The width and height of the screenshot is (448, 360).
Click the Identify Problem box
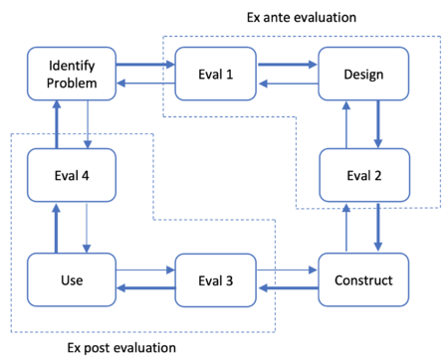tap(71, 74)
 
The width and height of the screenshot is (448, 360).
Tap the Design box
tap(363, 74)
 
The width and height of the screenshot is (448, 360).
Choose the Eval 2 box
tap(363, 176)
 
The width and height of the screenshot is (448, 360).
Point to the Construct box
tap(363, 279)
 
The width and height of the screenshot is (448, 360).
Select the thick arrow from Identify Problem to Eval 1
tap(144, 65)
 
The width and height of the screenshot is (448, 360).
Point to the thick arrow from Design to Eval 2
tap(379, 124)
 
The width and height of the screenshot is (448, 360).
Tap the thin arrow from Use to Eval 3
tap(144, 270)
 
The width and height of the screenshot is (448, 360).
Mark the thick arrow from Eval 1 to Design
tap(289, 65)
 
